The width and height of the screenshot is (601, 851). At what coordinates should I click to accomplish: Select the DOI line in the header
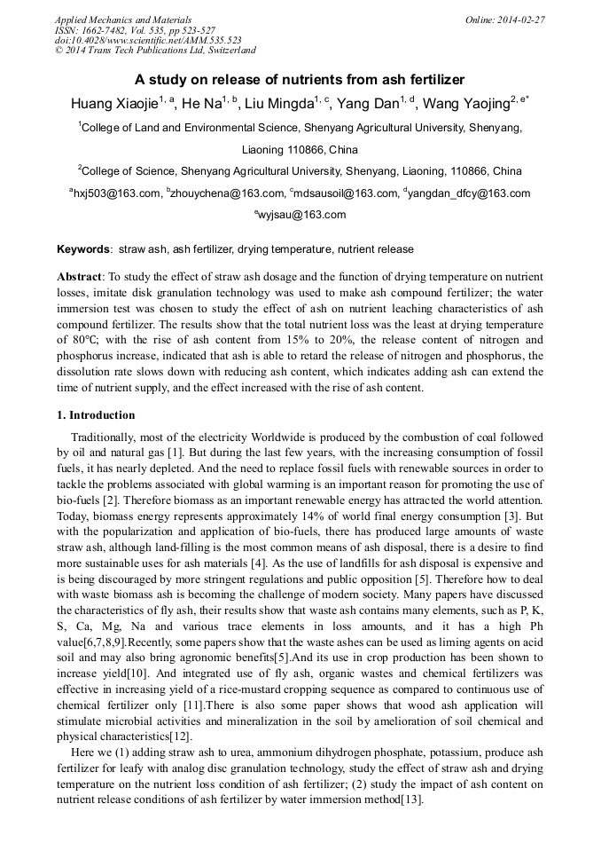pyautogui.click(x=148, y=40)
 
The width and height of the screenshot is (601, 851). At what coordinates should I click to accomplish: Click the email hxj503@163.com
pyautogui.click(x=114, y=193)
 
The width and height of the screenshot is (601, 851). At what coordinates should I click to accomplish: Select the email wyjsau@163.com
pyautogui.click(x=302, y=215)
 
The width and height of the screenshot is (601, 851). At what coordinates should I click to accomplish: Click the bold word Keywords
pyautogui.click(x=84, y=249)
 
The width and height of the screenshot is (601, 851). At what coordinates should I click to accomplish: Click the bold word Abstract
pyautogui.click(x=81, y=277)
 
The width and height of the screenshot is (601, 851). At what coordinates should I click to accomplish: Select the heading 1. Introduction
pyautogui.click(x=96, y=415)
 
